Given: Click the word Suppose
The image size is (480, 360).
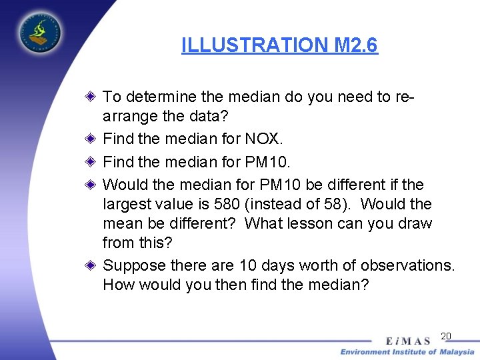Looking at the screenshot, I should pos(134,265).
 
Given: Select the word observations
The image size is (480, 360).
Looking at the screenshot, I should pos(407,265).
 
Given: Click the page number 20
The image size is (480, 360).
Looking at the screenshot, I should pos(446,336).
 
